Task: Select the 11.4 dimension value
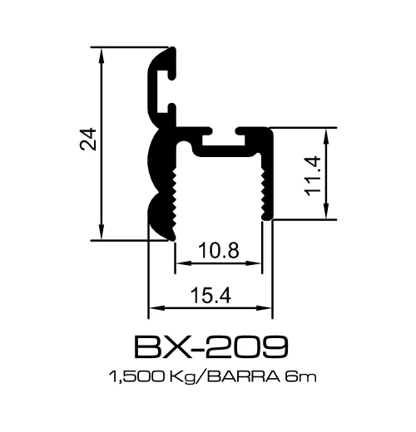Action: [x=313, y=175]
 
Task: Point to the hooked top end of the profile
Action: [x=166, y=62]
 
